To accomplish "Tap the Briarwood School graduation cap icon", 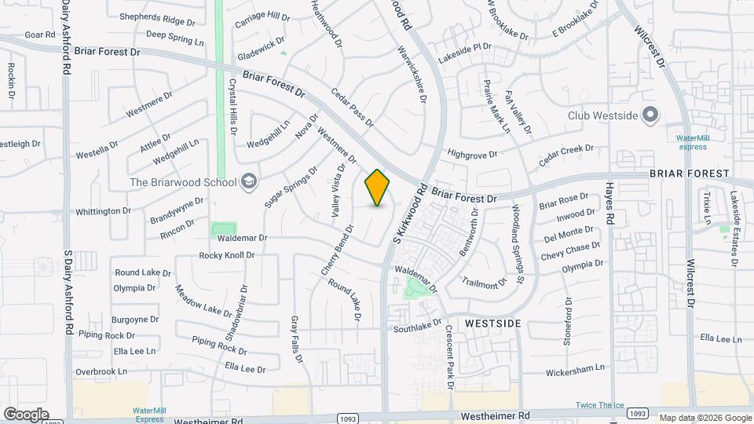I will click(249, 182).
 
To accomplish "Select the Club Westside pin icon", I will click(650, 115).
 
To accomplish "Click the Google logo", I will click(25, 415).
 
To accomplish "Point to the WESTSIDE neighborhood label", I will click(493, 323).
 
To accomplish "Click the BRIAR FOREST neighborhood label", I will click(689, 173).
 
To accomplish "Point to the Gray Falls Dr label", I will click(296, 339).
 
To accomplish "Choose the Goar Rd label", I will click(38, 35).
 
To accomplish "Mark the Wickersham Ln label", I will click(577, 367).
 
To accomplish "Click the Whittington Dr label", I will click(103, 211).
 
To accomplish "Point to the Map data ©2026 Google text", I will click(705, 418).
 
